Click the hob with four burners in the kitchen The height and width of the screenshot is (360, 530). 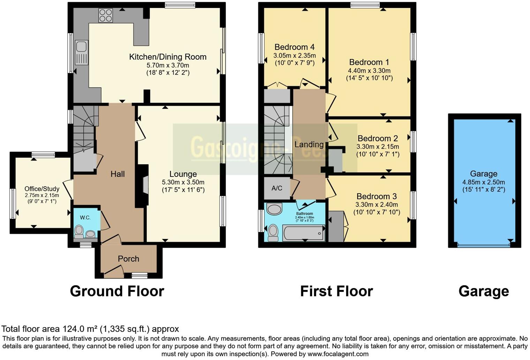pyautogui.click(x=106, y=15)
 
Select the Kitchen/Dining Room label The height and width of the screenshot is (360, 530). pyautogui.click(x=168, y=57)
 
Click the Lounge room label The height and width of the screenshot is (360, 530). pyautogui.click(x=183, y=174)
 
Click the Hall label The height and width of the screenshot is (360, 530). pyautogui.click(x=118, y=174)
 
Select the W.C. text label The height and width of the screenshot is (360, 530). pyautogui.click(x=85, y=218)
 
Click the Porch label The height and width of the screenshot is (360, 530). pyautogui.click(x=128, y=259)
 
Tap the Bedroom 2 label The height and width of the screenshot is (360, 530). pyautogui.click(x=378, y=138)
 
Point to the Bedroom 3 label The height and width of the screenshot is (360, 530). pyautogui.click(x=377, y=196)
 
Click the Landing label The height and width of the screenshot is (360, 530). pyautogui.click(x=309, y=144)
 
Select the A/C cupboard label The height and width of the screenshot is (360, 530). pyautogui.click(x=277, y=188)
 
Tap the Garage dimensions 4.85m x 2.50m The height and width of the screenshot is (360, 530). pyautogui.click(x=484, y=182)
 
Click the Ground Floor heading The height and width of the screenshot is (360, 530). pyautogui.click(x=117, y=291)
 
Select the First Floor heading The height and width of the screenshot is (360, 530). pyautogui.click(x=336, y=291)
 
